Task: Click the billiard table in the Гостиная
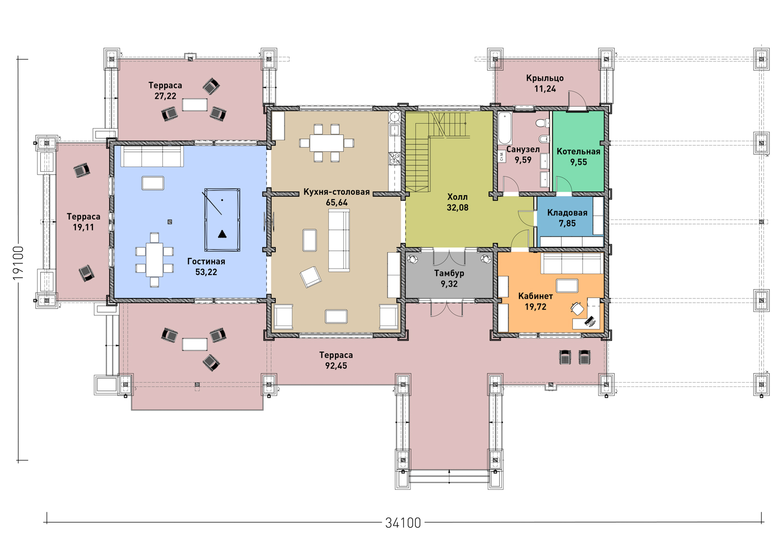pos(222,220)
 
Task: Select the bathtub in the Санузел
pos(505,129)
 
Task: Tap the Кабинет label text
pos(535,296)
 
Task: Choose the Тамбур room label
pos(449,273)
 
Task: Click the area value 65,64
pos(336,202)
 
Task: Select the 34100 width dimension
pos(403,522)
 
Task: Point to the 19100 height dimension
pos(18,263)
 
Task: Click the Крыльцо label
pos(545,78)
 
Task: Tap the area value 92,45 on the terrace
pos(336,366)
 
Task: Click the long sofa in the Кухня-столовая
pos(339,240)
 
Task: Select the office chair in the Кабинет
pos(577,308)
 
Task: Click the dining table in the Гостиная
pos(154,260)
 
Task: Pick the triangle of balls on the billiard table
pos(222,234)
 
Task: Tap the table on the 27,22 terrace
pos(194,105)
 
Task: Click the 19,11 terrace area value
pos(83,227)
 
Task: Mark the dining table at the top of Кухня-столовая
pos(326,143)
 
